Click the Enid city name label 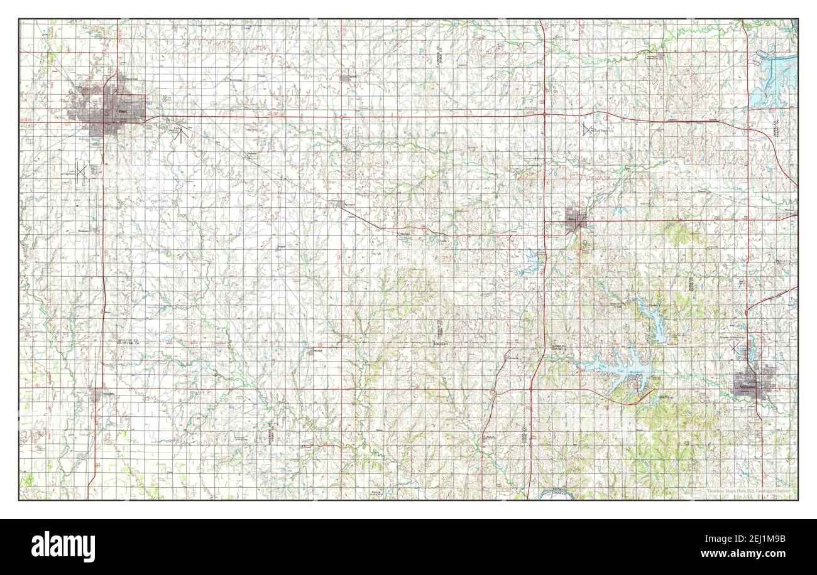pyautogui.click(x=122, y=112)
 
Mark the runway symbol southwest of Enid pyautogui.click(x=81, y=171)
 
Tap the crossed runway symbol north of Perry pyautogui.click(x=588, y=130)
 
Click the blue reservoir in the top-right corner pyautogui.click(x=776, y=75)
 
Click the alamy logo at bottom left pyautogui.click(x=63, y=546)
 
